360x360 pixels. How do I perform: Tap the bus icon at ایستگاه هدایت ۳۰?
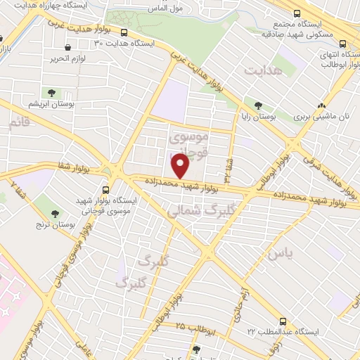coord(124,32)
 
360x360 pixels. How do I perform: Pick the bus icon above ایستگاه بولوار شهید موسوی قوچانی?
coord(106,189)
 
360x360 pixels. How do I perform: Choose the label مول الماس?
coord(166,8)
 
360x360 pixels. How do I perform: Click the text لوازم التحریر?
coord(70,58)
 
